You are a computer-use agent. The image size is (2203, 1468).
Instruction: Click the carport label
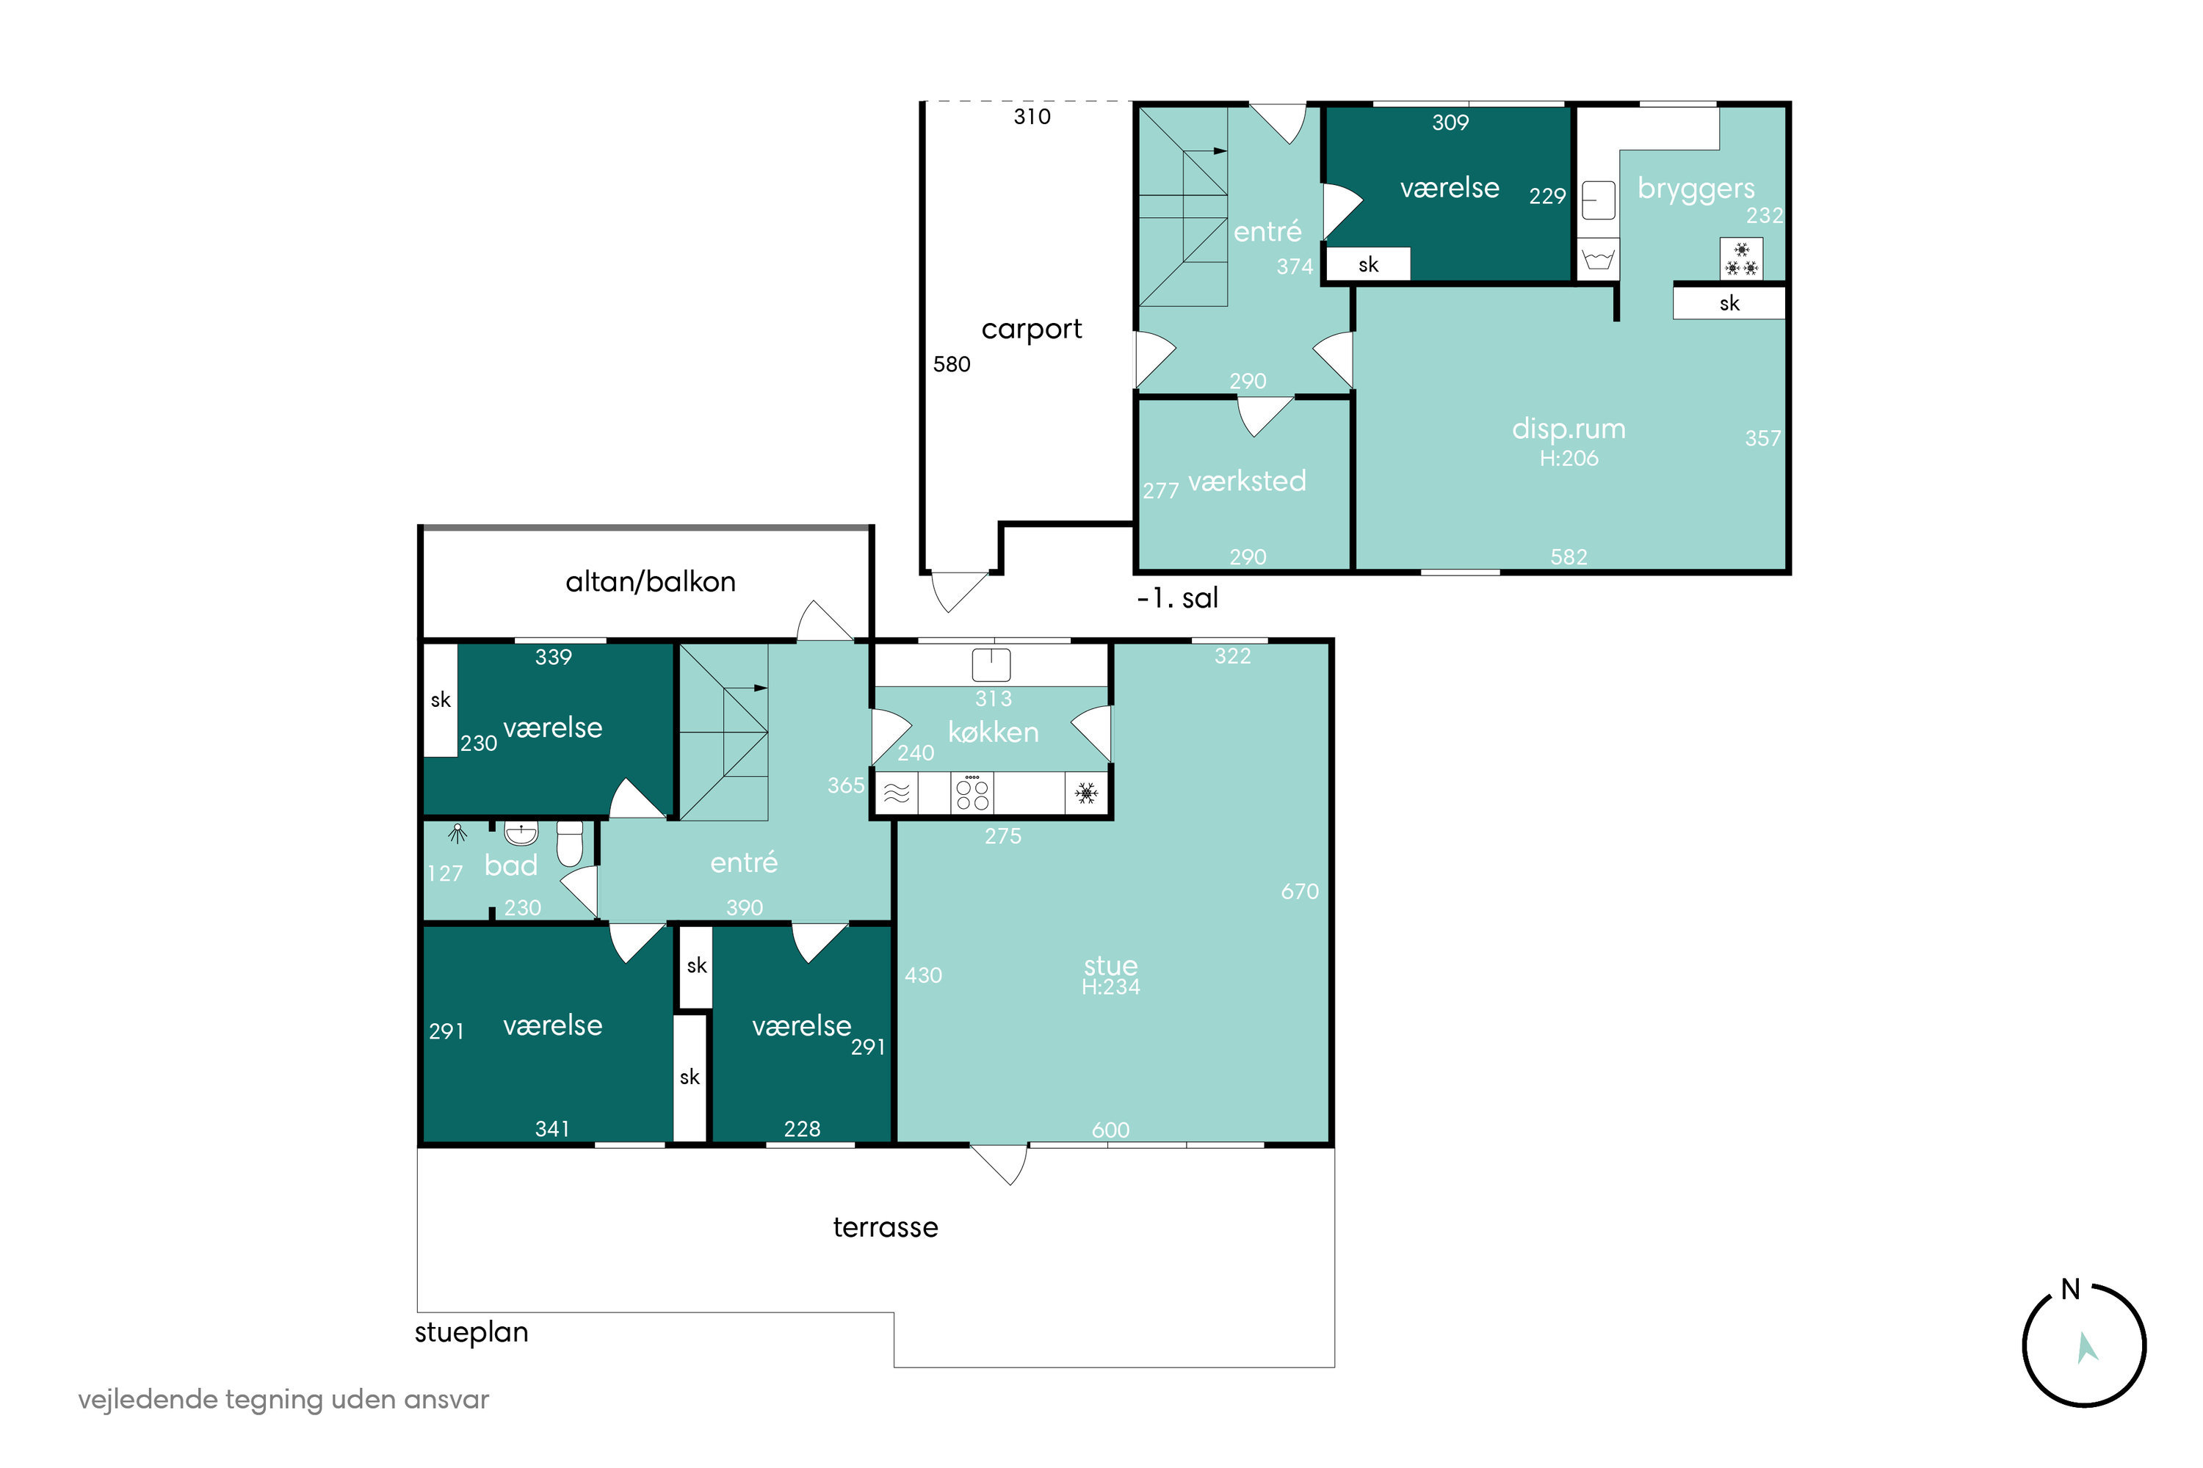[1031, 330]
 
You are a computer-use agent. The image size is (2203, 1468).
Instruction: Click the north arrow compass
[2084, 1345]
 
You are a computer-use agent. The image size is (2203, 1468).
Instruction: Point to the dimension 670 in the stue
[1299, 891]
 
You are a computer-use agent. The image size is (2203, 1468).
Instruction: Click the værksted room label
[1247, 482]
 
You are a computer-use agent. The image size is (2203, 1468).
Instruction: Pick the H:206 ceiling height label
[1569, 458]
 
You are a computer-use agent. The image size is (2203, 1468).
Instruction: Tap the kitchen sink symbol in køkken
[991, 664]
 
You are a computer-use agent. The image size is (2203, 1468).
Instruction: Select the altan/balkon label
[650, 582]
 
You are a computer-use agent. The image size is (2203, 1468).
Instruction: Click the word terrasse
[885, 1227]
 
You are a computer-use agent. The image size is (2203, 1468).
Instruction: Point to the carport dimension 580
[952, 364]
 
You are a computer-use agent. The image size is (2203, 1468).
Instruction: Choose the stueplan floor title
[471, 1332]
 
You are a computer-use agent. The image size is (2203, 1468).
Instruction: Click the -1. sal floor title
[1177, 598]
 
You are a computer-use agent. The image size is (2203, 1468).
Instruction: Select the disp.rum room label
[1569, 429]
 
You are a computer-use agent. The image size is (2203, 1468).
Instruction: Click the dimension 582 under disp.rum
[1569, 557]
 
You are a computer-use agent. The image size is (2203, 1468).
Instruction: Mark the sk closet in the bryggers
[1729, 303]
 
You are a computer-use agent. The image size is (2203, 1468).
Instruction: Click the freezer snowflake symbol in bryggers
[1741, 258]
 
